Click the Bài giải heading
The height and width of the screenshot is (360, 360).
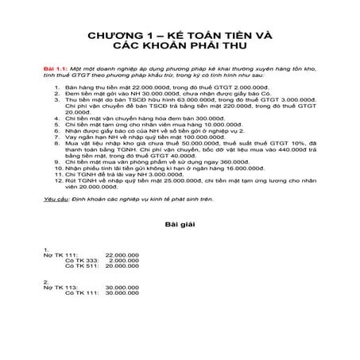(180, 225)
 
